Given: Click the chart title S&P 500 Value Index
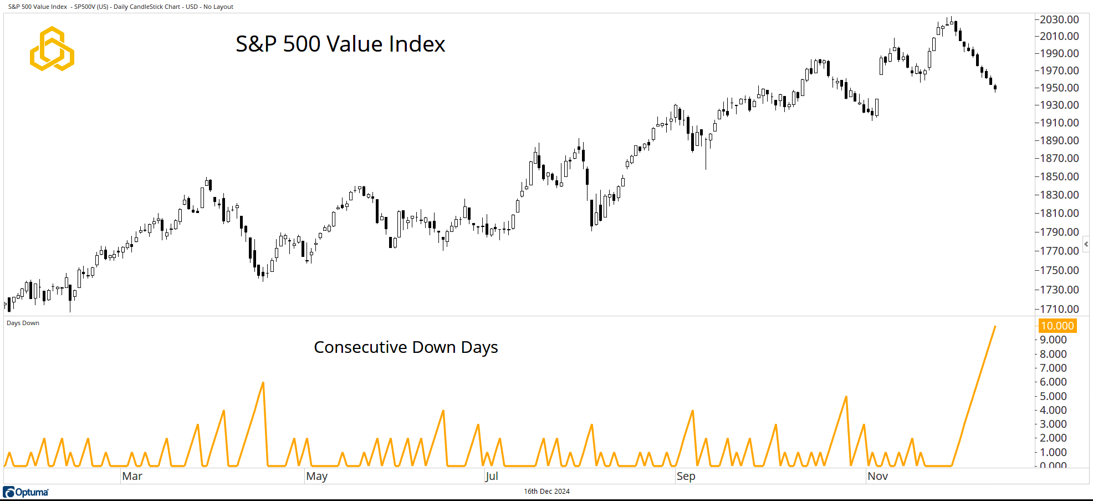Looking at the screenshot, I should click(x=340, y=44).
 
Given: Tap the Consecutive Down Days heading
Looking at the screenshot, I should click(x=406, y=347).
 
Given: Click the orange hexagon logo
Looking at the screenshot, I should click(x=52, y=49).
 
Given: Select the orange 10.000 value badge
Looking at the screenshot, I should click(x=1057, y=326).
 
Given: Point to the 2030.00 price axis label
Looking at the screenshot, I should click(x=1059, y=19).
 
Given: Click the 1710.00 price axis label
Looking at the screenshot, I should click(x=1059, y=309).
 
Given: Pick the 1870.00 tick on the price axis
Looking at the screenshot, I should click(x=1059, y=158).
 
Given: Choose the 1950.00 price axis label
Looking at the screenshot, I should click(x=1059, y=88).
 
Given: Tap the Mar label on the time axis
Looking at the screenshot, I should click(x=132, y=476).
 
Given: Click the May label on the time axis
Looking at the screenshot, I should click(x=317, y=476).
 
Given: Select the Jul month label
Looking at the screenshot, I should click(x=492, y=476).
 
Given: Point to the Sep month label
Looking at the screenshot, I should click(x=686, y=476).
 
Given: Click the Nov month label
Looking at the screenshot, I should click(x=877, y=476).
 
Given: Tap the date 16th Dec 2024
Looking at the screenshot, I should click(x=546, y=491).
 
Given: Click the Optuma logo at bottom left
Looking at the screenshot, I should click(x=26, y=492).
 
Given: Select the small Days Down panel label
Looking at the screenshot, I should click(x=23, y=323).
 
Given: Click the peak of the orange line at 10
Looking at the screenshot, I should click(x=995, y=326).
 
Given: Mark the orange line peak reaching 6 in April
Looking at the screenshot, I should click(x=263, y=382).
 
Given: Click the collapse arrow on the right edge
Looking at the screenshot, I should click(x=1086, y=244).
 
